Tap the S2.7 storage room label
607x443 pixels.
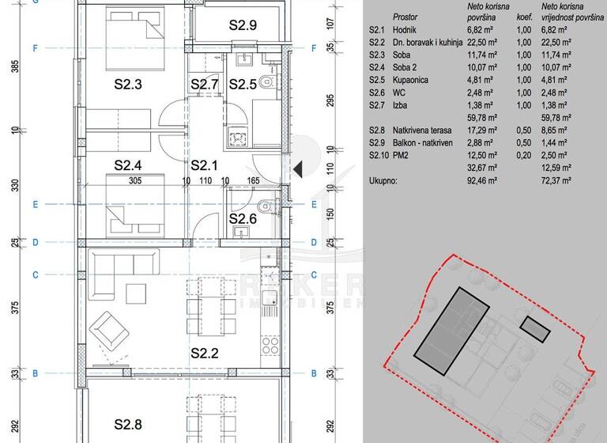(204, 85)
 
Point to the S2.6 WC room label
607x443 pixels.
(243, 219)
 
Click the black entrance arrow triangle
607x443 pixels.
(298, 168)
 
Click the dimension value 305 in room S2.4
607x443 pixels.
(135, 180)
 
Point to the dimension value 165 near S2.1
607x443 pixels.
(253, 180)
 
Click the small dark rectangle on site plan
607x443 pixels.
(535, 328)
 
